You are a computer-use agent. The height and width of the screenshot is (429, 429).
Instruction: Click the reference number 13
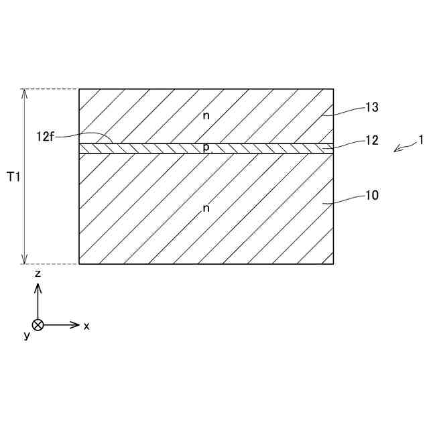pos(372,107)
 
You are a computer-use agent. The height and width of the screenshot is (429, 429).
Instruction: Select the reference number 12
pos(372,141)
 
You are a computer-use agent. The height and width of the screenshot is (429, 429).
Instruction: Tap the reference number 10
pos(372,196)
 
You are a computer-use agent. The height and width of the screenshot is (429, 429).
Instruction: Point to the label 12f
pos(44,136)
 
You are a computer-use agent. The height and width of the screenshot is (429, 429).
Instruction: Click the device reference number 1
pos(420,140)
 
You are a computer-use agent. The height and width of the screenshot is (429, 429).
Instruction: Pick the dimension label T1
pos(13,177)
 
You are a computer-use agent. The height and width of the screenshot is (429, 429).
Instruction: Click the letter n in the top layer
pos(206,115)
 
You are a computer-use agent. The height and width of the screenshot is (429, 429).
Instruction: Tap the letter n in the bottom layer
pos(206,208)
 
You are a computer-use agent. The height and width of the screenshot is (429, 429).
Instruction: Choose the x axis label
pos(86,326)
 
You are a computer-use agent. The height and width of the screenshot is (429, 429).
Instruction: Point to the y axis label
pos(27,334)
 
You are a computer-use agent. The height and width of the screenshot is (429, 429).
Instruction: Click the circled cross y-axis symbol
pos(38,325)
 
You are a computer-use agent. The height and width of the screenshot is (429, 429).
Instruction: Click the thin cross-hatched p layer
pos(268,148)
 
